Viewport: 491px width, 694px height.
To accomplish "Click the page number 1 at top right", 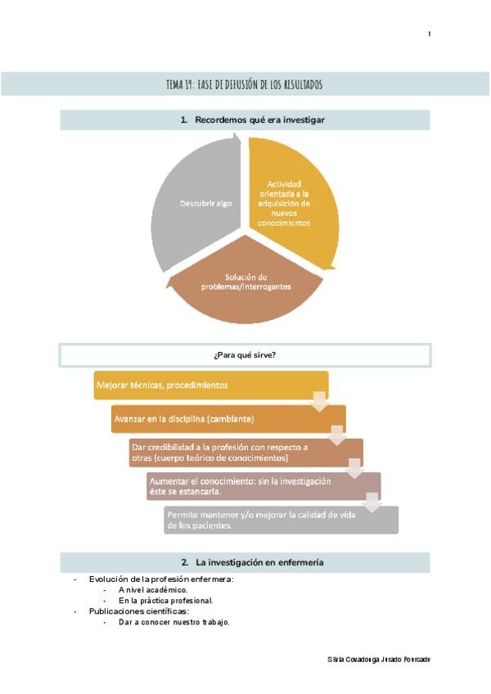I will pyautogui.click(x=429, y=34).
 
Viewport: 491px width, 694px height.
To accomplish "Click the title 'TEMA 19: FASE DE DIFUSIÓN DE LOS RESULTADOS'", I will pyautogui.click(x=244, y=85).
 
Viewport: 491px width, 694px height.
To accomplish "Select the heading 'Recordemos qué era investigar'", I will pyautogui.click(x=252, y=119).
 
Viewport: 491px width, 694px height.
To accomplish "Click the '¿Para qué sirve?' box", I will pyautogui.click(x=245, y=355).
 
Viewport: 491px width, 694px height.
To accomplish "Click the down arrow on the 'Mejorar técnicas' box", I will pyautogui.click(x=320, y=401).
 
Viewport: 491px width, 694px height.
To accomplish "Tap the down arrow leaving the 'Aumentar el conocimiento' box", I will pyautogui.click(x=372, y=502).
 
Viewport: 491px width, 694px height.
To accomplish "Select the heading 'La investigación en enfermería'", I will pyautogui.click(x=252, y=562).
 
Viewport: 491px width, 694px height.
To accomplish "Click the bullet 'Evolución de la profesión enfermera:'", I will pyautogui.click(x=161, y=579).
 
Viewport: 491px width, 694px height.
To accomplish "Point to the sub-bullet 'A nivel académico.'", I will pyautogui.click(x=153, y=590).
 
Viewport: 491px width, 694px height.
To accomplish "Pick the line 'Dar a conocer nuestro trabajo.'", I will pyautogui.click(x=173, y=622).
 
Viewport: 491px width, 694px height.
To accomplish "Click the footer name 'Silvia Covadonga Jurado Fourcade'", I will pyautogui.click(x=378, y=660).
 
